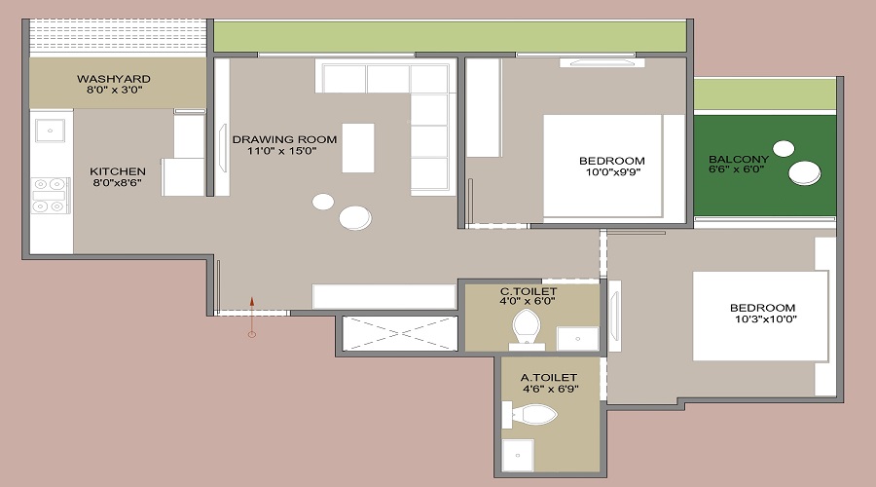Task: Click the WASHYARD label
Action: tap(114, 78)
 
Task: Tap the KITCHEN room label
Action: tap(118, 171)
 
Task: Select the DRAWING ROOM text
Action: tap(284, 139)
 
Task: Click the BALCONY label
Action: tap(738, 159)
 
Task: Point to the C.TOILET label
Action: tap(529, 290)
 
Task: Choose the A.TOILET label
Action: tap(549, 376)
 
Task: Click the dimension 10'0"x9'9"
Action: tap(611, 173)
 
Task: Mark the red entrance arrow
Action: tap(251, 314)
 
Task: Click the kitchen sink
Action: tap(50, 128)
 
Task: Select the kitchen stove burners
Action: tap(48, 194)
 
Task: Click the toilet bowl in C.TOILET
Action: tap(526, 327)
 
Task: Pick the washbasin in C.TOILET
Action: tap(577, 338)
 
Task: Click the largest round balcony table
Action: tap(805, 173)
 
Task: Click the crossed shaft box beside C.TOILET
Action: tap(400, 331)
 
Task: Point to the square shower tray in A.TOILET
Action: tap(519, 455)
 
